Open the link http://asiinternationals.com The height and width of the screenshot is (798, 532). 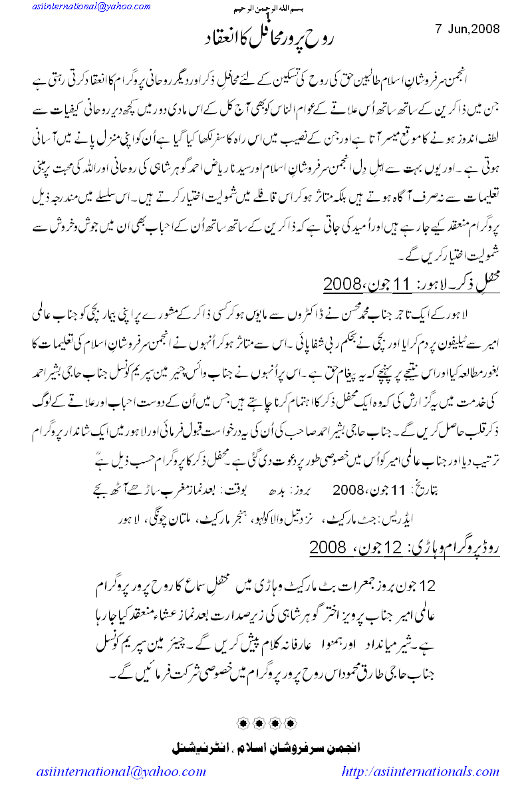click(x=420, y=772)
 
